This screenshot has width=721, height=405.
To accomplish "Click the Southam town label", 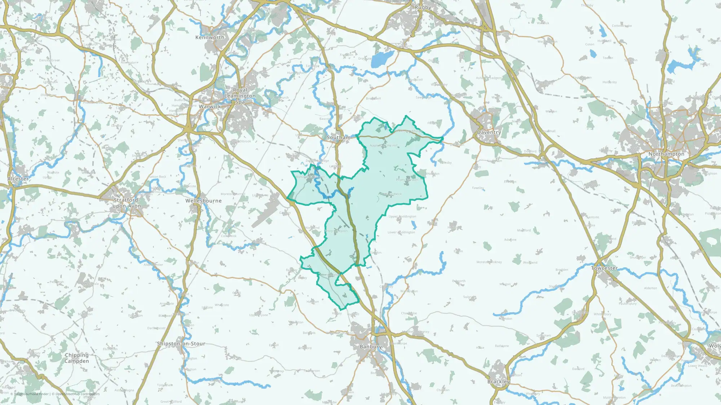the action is pos(338,138).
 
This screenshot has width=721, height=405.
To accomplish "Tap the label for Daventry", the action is pos(489,132).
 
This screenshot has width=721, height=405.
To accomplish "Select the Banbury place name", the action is pos(371,347).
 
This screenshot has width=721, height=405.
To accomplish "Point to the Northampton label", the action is pos(666,154).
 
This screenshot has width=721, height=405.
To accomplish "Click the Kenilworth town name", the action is pos(210,37).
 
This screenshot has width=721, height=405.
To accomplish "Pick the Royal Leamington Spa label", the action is pos(240,96).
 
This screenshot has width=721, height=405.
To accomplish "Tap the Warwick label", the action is pos(210,107).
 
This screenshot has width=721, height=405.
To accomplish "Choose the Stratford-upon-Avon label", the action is pos(127,203).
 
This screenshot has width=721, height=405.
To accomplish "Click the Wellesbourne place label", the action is pos(203,201).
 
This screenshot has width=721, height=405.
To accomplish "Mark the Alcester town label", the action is pos(18,179).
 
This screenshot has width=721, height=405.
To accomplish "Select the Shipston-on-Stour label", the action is pos(181,344).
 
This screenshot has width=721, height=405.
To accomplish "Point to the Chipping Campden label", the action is pos(76,358).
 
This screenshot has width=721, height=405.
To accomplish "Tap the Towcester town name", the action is pos(604,268).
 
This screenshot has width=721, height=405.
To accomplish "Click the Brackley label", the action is pos(499,382).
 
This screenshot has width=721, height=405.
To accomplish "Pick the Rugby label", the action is pos(423,7).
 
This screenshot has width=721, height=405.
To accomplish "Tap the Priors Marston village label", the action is pos(407,180).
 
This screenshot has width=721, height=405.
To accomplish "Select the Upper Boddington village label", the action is pos(402,217).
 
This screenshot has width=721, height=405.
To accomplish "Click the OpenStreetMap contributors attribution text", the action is pos(78,394).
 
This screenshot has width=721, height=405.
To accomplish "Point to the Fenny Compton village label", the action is pos(336,231).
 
